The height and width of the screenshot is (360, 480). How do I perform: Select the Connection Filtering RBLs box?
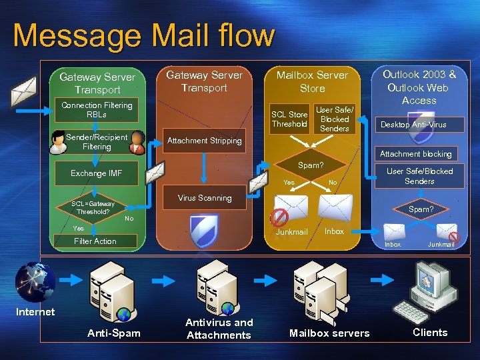click(x=97, y=110)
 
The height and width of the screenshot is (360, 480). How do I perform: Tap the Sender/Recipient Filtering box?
click(x=97, y=141)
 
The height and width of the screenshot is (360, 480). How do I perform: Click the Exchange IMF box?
click(x=97, y=173)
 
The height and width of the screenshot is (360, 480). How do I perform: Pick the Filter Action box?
click(x=95, y=241)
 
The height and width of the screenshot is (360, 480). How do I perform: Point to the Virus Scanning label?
click(x=205, y=198)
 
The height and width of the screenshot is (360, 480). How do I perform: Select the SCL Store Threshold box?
click(x=289, y=119)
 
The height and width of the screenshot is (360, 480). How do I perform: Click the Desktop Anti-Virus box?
click(x=413, y=125)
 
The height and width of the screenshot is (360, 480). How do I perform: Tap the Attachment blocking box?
click(x=415, y=154)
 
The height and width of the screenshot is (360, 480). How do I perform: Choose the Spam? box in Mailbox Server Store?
click(x=310, y=164)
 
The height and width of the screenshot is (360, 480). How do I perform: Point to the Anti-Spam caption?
click(x=114, y=333)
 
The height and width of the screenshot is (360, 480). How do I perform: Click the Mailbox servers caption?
click(x=329, y=333)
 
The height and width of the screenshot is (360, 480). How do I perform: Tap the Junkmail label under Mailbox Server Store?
click(x=292, y=232)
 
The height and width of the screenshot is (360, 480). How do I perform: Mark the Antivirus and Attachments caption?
click(x=219, y=329)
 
